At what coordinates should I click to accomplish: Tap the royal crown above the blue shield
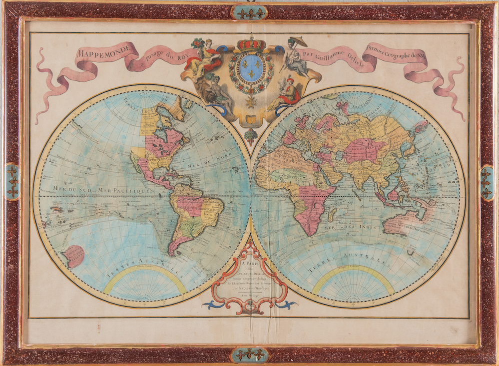tap(251, 44)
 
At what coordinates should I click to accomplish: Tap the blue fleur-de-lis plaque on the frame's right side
tap(487, 183)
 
